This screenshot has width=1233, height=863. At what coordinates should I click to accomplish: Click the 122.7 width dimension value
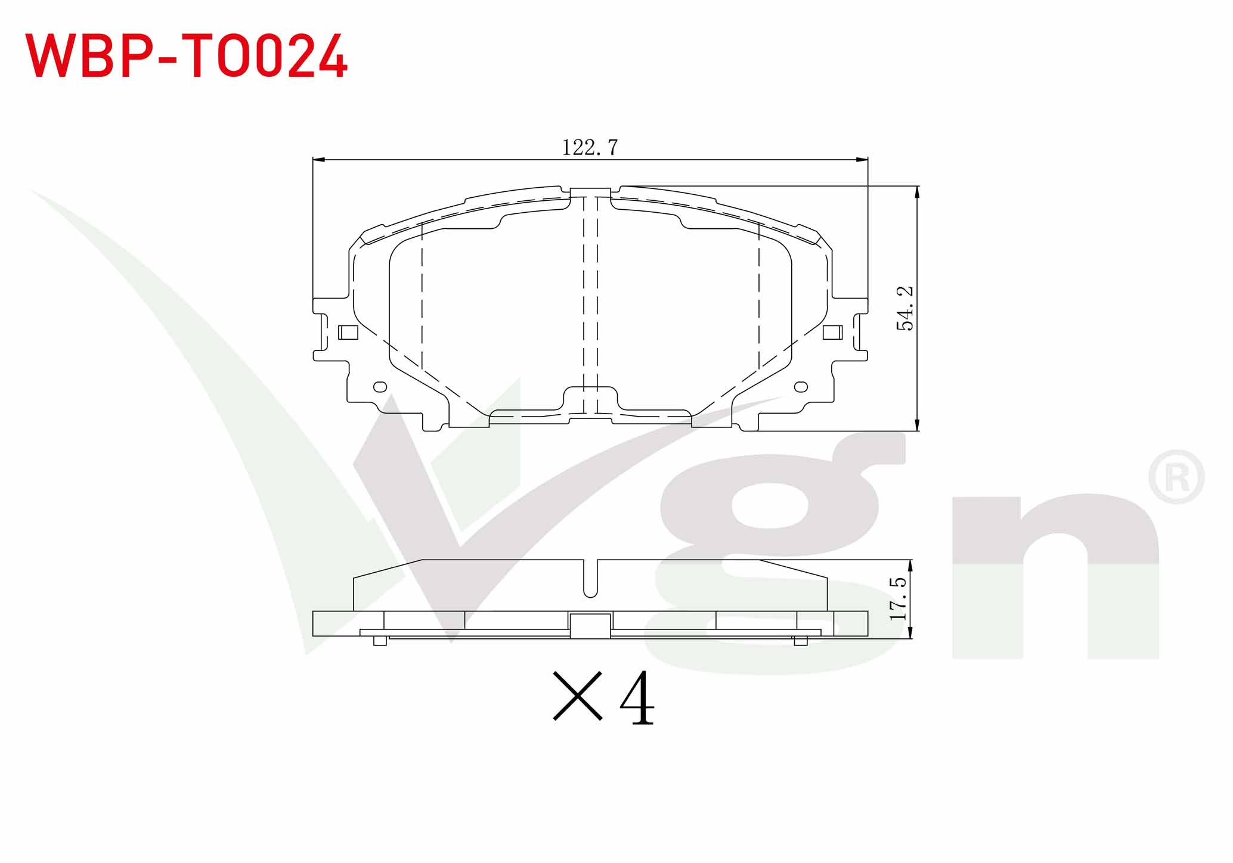(x=590, y=147)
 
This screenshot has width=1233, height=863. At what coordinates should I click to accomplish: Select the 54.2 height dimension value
(x=904, y=308)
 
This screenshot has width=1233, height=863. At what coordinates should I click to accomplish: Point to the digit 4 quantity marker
(x=637, y=697)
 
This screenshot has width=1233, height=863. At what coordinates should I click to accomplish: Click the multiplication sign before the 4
(x=578, y=696)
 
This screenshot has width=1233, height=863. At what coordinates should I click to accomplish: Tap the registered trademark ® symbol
(x=1176, y=477)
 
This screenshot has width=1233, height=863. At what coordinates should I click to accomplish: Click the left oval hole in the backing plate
(x=380, y=387)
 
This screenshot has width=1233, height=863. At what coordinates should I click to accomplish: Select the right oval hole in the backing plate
(x=801, y=387)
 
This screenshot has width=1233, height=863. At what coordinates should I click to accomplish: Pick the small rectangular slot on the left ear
(x=348, y=333)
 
